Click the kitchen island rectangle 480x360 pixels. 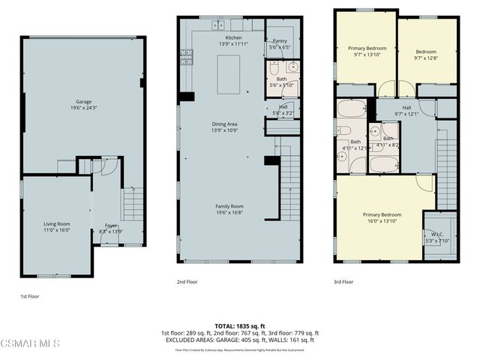point(228,74)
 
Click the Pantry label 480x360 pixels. point(280,45)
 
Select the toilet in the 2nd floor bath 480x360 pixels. point(275,67)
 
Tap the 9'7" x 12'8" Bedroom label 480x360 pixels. point(426,54)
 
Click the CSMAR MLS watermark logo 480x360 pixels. point(30,343)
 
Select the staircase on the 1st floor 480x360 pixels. point(133,202)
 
